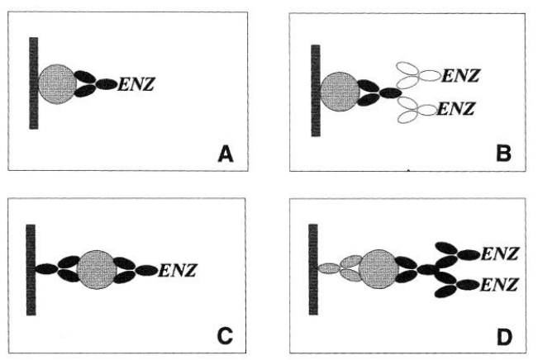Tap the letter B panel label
[x=503, y=153]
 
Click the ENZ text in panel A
[x=137, y=83]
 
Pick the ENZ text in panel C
[x=175, y=270]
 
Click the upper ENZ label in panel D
[x=500, y=254]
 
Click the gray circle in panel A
[x=58, y=83]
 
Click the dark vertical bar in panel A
[x=34, y=83]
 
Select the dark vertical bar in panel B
[x=315, y=90]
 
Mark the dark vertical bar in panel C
[x=31, y=269]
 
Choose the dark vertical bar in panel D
[x=313, y=269]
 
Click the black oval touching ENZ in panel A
[x=107, y=83]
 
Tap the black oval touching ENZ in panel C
[x=146, y=270]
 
